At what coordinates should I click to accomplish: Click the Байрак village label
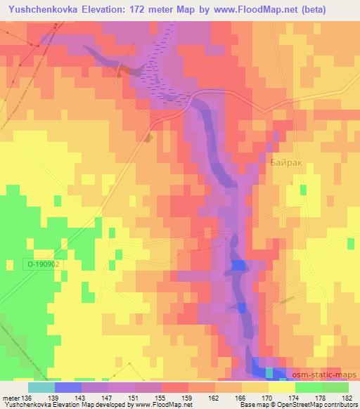click(x=285, y=162)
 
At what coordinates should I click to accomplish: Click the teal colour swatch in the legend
click(x=41, y=387)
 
